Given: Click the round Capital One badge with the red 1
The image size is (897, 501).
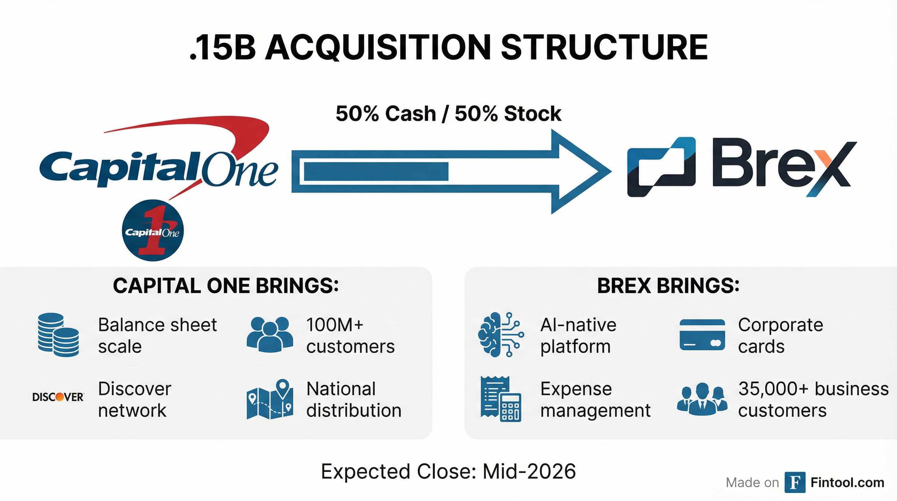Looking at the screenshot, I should [153, 230].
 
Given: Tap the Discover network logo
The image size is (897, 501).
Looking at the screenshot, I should [58, 397].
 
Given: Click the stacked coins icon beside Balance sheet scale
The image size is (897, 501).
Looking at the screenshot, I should [58, 334].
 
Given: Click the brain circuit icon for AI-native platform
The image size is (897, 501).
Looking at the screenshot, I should [501, 334].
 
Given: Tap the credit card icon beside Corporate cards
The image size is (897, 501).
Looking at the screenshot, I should [702, 334].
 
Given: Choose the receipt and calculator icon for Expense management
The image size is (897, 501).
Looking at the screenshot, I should [501, 399].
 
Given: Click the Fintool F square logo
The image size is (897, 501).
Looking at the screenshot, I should [795, 482].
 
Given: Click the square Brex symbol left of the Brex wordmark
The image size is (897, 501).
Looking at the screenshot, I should [661, 167].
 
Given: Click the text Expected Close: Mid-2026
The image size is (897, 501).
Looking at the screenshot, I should [448, 471].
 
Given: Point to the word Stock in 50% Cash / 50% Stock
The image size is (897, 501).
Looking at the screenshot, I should [532, 114].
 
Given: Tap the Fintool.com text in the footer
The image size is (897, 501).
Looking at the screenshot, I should [847, 482].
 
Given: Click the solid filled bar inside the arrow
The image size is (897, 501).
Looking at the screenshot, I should [376, 172].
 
